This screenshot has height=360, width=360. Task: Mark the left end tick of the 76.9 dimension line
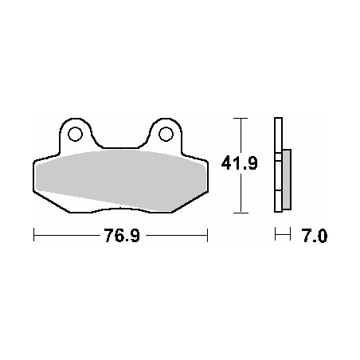[x=33, y=235]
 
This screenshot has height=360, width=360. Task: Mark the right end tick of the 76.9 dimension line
[x=207, y=235]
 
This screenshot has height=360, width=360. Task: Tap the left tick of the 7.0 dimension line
[x=274, y=235]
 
